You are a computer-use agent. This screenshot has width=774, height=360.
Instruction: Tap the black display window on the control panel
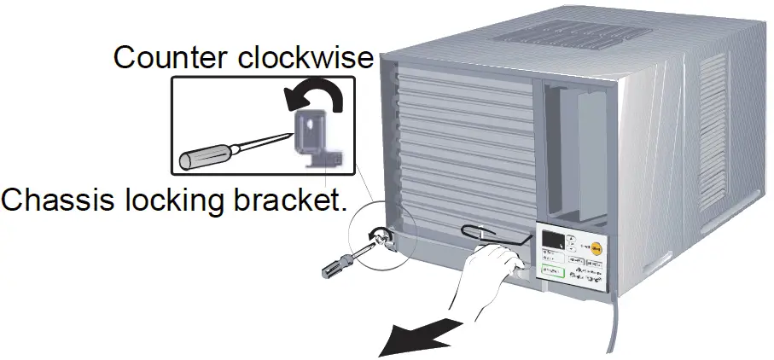[556, 241]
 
